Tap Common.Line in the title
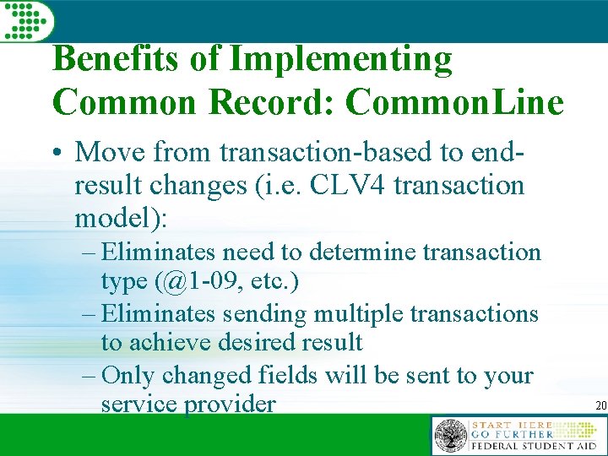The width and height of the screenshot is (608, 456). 454,102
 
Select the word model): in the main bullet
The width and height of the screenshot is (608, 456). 122,218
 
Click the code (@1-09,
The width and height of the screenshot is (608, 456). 187,282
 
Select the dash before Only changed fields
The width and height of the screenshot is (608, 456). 91,375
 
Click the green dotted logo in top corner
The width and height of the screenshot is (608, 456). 26,19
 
